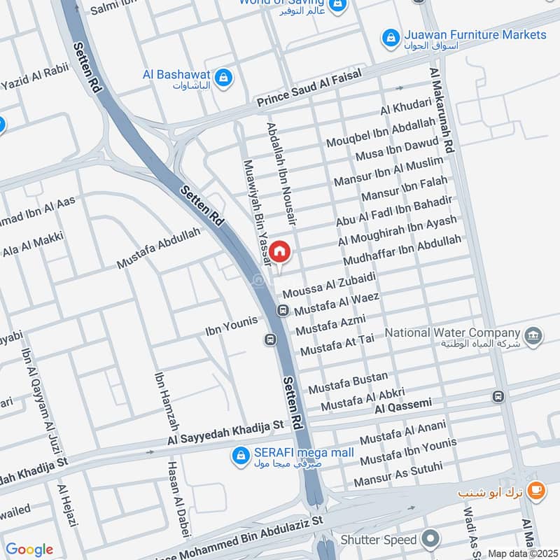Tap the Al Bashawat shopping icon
tap(223, 78)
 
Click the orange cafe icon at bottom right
tap(537, 491)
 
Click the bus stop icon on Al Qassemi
tap(498, 396)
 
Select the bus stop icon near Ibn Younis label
tap(269, 339)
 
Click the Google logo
tap(29, 549)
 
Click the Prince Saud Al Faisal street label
tap(309, 90)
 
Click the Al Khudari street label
tap(406, 107)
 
